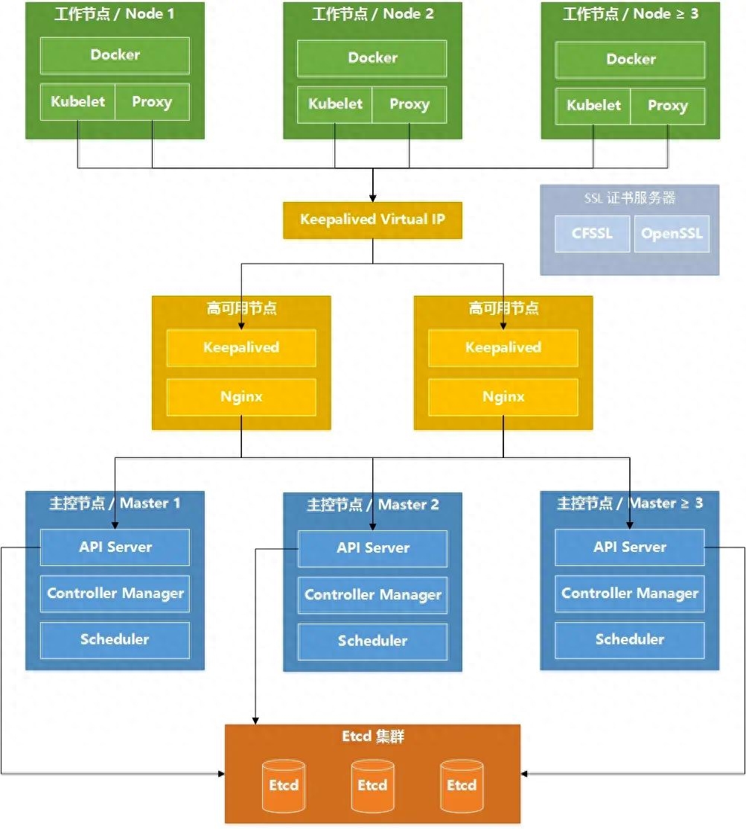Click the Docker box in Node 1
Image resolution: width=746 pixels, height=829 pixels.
coord(115,55)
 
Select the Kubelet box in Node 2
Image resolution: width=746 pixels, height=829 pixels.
coord(334,105)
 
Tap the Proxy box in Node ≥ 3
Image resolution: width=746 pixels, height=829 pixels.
coord(667,107)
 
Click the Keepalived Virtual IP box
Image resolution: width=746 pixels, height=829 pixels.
coord(372,220)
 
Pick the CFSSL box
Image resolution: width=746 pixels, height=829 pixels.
coord(592,234)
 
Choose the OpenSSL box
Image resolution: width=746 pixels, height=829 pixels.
coord(672,234)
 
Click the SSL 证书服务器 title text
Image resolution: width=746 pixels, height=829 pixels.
coord(630,198)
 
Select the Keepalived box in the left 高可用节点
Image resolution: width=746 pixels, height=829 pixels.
coord(241,348)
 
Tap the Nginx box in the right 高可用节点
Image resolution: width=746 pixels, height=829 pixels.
coord(503,397)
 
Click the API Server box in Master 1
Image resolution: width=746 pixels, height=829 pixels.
coord(115,547)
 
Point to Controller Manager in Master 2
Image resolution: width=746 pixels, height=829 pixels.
coord(372,595)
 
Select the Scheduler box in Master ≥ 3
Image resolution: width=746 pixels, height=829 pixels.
coord(630,641)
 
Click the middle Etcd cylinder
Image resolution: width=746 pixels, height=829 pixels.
coord(372,786)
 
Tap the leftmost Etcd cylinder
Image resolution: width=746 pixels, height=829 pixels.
coord(284,786)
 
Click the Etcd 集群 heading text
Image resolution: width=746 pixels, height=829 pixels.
coord(373,737)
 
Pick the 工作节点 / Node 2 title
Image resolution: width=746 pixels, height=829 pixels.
coord(372,14)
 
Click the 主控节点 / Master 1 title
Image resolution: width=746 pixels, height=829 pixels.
coord(115,504)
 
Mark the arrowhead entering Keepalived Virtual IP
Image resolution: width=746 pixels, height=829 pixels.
coord(372,198)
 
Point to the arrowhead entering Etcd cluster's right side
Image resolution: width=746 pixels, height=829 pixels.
coord(524,774)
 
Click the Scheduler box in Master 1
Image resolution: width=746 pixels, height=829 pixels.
coord(115,641)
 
